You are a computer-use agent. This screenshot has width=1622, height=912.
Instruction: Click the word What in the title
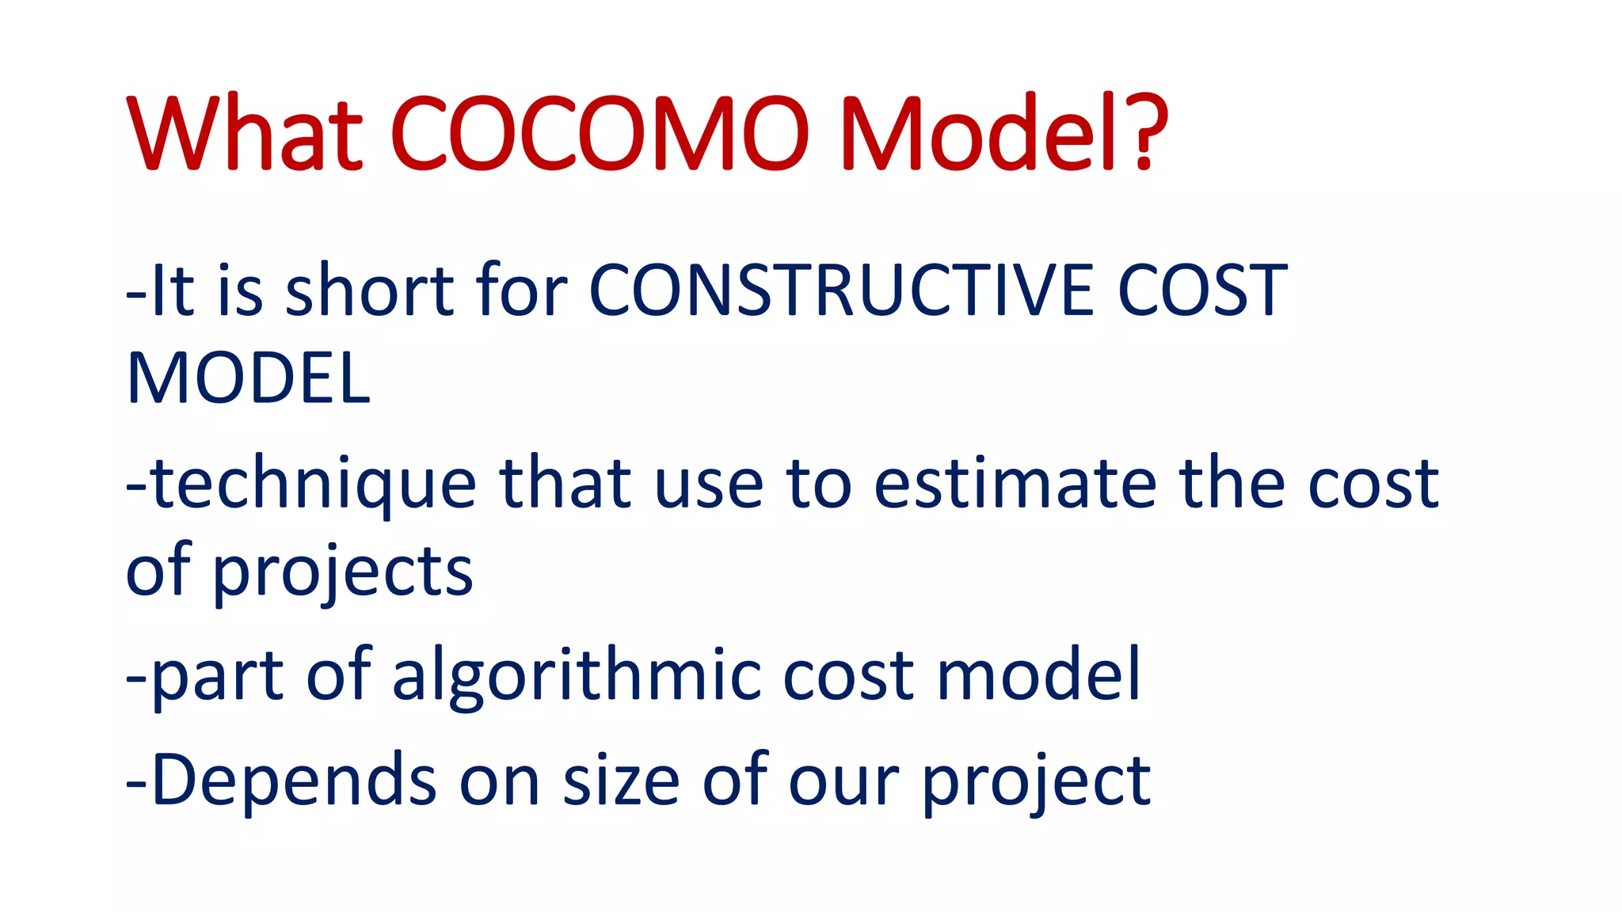(244, 133)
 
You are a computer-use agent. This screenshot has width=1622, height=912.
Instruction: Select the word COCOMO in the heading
(600, 133)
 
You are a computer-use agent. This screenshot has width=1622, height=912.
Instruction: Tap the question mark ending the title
(1146, 133)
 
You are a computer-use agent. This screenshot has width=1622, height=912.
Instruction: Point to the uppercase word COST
(1202, 291)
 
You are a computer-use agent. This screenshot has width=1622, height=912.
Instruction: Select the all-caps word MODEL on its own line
(248, 379)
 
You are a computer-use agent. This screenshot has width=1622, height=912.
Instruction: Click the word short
(369, 291)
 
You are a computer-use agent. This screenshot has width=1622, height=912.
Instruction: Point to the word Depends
(293, 781)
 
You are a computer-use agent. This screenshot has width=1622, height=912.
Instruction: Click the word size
(621, 781)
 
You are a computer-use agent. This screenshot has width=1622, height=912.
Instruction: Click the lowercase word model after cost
(1038, 675)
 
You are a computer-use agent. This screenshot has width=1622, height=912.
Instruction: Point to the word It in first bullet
(172, 291)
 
